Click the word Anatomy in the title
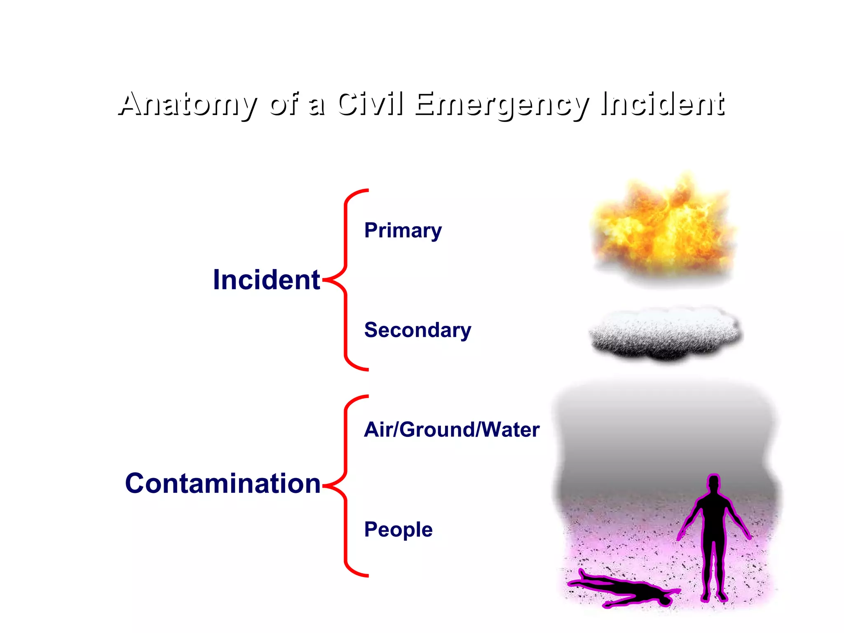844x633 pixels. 188,104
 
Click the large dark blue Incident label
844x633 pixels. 266,280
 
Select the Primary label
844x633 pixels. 403,230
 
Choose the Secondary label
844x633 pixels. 417,330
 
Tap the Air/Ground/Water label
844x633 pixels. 452,430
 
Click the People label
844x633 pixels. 398,530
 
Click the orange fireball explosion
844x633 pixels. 663,229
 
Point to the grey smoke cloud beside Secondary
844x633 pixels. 664,333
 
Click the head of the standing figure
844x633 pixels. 713,483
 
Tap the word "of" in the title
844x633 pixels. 284,104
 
